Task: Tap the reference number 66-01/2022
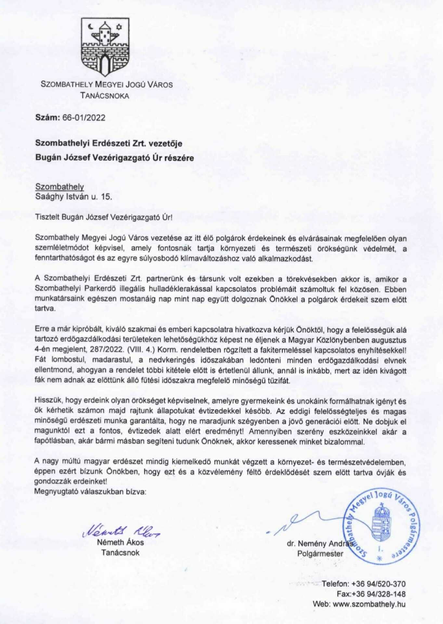tap(84, 118)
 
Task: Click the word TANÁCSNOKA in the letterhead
tap(105, 96)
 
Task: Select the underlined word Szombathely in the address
tap(59, 187)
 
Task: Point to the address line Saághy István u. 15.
tap(73, 197)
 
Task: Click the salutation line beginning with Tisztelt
tap(104, 217)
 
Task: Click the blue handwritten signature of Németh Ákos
tap(121, 531)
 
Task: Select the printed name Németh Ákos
tap(120, 542)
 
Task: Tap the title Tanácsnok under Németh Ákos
tap(120, 552)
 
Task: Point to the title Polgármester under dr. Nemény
tap(320, 554)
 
